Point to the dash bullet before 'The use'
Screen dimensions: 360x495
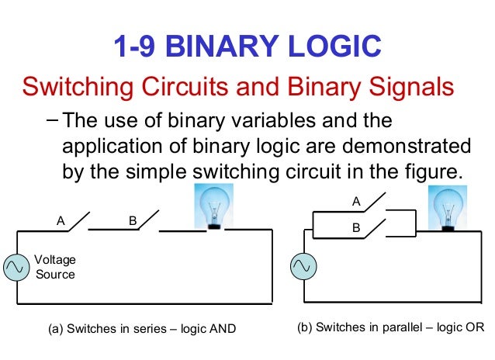pos(51,121)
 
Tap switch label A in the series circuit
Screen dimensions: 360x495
pos(61,221)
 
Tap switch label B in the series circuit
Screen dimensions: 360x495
pos(133,221)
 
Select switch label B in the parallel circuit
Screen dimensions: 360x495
pos(357,227)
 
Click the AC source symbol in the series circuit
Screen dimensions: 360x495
pos(16,266)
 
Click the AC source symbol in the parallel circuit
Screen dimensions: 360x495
pos(303,266)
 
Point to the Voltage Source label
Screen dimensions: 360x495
pos(56,267)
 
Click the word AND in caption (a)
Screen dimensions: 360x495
pos(222,329)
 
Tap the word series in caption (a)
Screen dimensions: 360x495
pos(147,329)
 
